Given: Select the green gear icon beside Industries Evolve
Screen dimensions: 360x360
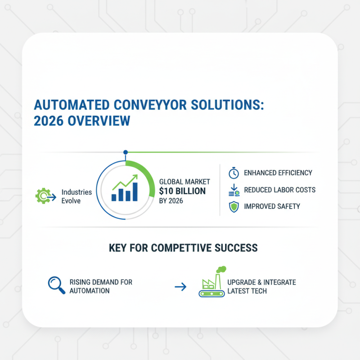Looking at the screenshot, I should tap(43, 196).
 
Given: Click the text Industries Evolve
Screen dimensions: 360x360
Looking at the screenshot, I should tap(76, 196).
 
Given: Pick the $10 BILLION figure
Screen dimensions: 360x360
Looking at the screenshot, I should tap(183, 191).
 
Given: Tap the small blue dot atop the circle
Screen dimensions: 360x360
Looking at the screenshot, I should tap(126, 153).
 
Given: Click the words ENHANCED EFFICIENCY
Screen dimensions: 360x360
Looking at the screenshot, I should tap(278, 173).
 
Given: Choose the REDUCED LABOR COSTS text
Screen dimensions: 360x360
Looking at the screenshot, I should tap(279, 190).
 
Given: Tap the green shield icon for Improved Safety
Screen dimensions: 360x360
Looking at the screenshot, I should tap(233, 207).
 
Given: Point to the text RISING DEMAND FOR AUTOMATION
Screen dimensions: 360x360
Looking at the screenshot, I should tap(101, 286).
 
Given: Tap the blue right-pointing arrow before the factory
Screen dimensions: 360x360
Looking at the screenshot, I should tap(180, 286).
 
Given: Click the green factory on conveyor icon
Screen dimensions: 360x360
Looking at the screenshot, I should tap(211, 283).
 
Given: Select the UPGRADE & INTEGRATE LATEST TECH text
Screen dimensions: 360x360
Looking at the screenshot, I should tap(261, 286).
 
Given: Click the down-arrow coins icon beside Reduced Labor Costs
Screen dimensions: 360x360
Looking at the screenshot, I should tap(233, 190).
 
